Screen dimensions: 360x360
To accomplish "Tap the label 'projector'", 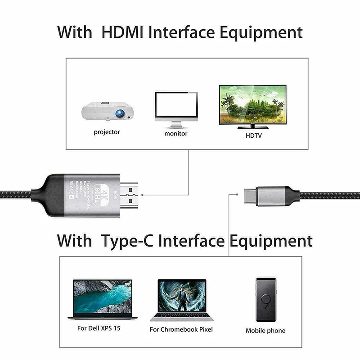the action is pyautogui.click(x=107, y=132).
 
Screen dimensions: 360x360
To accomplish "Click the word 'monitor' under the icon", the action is pyautogui.click(x=176, y=133).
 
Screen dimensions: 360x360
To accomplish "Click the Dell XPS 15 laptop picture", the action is pyautogui.click(x=103, y=299).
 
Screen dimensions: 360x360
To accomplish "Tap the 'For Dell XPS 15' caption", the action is pyautogui.click(x=99, y=328).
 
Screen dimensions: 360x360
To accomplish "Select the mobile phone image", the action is pyautogui.click(x=265, y=299).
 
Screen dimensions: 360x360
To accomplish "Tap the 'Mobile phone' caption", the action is pyautogui.click(x=265, y=330).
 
